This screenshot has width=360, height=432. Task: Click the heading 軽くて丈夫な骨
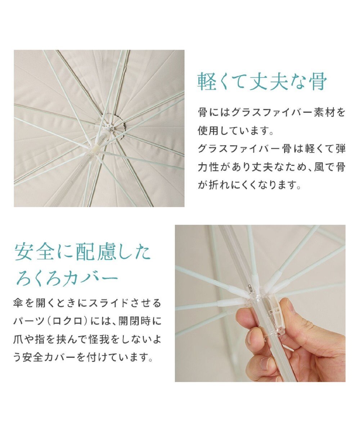coord(262,82)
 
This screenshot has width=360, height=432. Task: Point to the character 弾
coord(339,149)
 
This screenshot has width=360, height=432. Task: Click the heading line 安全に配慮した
coord(82,253)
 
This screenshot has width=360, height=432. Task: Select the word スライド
coord(112,303)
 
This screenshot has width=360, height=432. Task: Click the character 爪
coord(19,339)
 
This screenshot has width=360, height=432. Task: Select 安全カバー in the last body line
coord(50,358)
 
